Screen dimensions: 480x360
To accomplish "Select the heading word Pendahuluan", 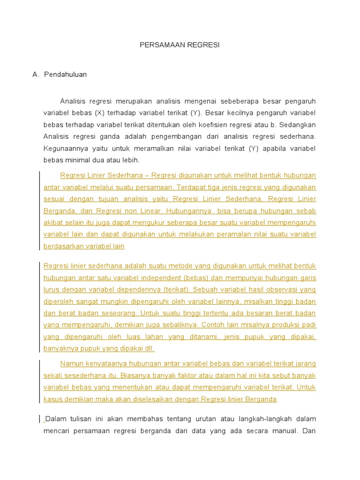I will click(x=65, y=75).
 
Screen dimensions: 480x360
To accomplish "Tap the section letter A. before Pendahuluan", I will click(x=35, y=75).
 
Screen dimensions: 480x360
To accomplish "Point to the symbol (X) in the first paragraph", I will click(x=99, y=113).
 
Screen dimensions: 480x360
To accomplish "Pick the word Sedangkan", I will click(x=299, y=125).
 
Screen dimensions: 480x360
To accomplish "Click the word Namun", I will click(x=72, y=364).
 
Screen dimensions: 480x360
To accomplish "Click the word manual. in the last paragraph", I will click(x=282, y=430).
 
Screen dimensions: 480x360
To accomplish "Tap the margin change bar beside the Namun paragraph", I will click(x=39, y=381).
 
